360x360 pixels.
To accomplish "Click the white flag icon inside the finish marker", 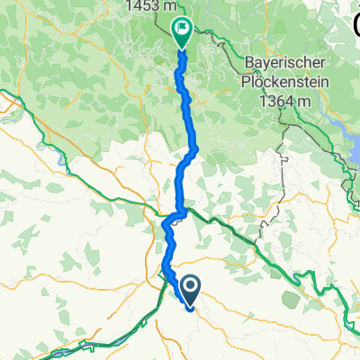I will coord(182,30).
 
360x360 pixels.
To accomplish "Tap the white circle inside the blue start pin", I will coord(191,285).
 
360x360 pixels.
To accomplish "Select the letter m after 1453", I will coord(171,6).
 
